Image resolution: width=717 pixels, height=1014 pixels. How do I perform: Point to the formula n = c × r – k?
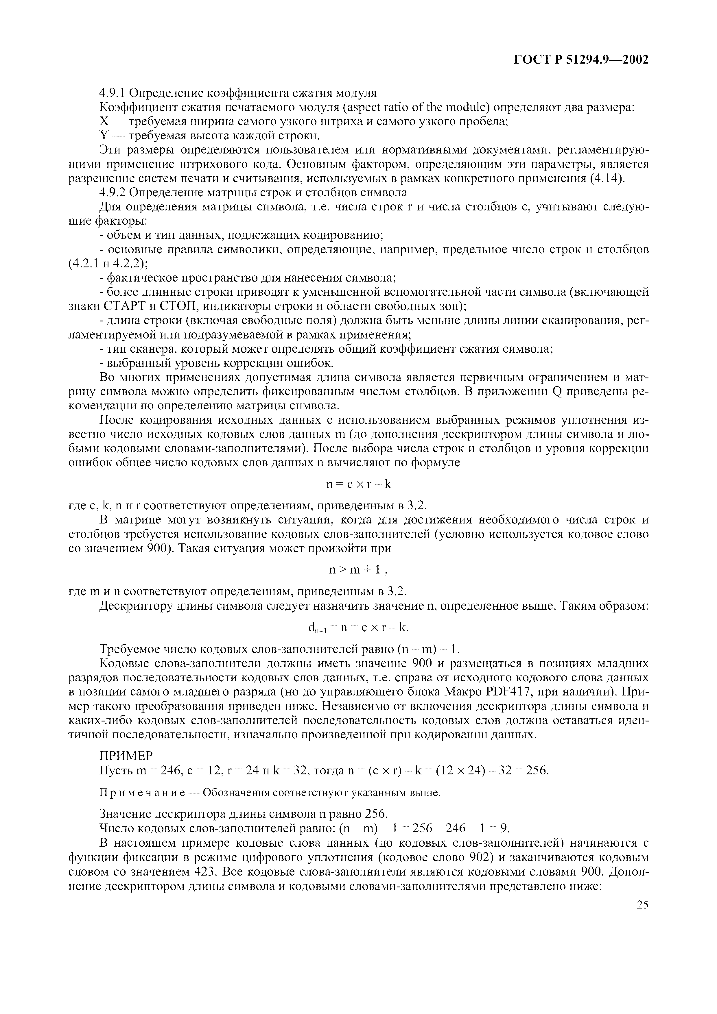pyautogui.click(x=358, y=484)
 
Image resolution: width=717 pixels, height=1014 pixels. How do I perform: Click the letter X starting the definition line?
pyautogui.click(x=104, y=121)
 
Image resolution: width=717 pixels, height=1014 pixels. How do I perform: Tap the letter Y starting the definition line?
pyautogui.click(x=104, y=136)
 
